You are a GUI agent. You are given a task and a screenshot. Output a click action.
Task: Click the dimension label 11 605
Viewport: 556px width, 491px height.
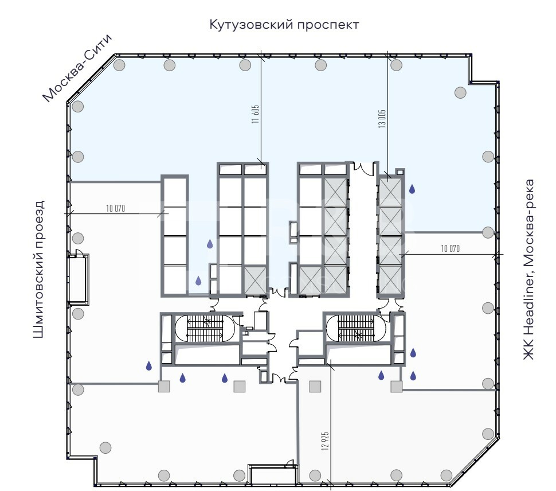255,114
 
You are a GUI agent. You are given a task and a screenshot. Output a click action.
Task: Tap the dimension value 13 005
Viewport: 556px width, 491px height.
382,119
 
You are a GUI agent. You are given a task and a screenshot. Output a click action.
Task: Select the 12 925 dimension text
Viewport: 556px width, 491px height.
325,441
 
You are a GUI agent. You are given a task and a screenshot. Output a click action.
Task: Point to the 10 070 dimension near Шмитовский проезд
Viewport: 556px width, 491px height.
116,208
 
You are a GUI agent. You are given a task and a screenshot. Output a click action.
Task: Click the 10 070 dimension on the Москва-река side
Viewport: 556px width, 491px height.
451,248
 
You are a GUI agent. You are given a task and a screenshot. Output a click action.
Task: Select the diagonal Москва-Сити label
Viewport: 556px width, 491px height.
77,68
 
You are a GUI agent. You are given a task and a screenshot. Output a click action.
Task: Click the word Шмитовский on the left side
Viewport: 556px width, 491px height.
38,295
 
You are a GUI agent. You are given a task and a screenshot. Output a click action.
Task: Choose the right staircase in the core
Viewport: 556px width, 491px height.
355,329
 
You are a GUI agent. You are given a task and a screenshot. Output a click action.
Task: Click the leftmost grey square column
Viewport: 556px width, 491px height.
164,387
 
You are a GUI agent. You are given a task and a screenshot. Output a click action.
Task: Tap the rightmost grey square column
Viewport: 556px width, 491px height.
397,387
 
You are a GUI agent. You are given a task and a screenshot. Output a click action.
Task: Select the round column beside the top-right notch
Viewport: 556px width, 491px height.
460,92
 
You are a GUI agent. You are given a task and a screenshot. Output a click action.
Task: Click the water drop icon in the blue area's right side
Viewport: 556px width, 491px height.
412,189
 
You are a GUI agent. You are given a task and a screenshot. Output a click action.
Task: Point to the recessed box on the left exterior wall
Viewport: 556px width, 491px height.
78,279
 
